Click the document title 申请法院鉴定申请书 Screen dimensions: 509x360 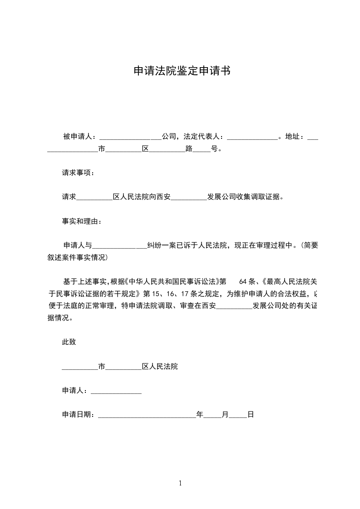point(180,71)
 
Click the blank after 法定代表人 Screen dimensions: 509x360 point(252,137)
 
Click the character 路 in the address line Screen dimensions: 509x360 point(189,148)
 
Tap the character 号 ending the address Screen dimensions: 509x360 point(214,148)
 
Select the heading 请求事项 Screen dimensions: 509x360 point(77,173)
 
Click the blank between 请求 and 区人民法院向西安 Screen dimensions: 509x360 point(94,197)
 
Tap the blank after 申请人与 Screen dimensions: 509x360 point(119,246)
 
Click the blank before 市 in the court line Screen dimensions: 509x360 point(80,367)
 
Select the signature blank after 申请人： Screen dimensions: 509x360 point(117,391)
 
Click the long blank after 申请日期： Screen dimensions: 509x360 point(147,415)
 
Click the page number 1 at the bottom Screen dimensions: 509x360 point(180,483)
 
